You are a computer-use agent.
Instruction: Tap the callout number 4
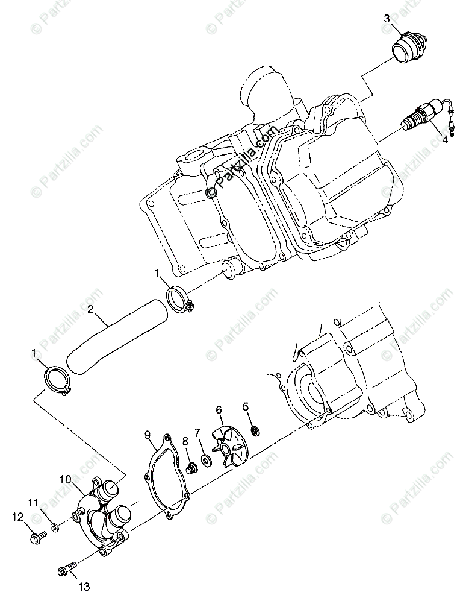pyautogui.click(x=445, y=139)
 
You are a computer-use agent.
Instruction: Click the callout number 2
pyautogui.click(x=90, y=310)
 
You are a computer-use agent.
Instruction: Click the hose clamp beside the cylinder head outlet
pyautogui.click(x=178, y=300)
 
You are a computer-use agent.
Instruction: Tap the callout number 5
pyautogui.click(x=246, y=406)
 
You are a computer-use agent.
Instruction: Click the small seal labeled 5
pyautogui.click(x=255, y=431)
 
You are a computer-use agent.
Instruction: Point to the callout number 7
pyautogui.click(x=197, y=432)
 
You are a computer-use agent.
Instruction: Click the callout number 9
pyautogui.click(x=146, y=433)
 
